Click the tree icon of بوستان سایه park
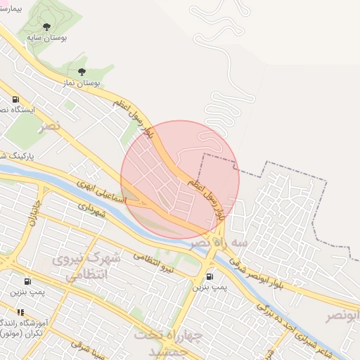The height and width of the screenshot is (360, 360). click(46, 27)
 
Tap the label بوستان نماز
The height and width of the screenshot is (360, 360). click(79, 82)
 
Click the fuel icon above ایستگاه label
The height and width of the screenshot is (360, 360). click(15, 99)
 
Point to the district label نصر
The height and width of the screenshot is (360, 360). click(51, 127)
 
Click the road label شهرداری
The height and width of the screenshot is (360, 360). click(91, 209)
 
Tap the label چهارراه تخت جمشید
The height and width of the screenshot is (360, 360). click(167, 342)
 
